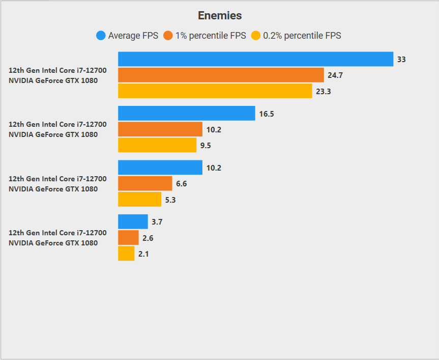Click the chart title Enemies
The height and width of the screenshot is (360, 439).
coord(220,16)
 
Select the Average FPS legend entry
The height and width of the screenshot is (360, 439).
coord(127,36)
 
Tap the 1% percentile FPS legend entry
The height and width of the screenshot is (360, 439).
coord(205,36)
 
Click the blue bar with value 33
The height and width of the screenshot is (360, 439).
coord(255,59)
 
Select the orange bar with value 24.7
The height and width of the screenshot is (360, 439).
coord(221,75)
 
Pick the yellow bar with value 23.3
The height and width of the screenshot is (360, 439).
coord(215,91)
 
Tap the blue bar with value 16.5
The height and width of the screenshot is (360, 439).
coord(186,114)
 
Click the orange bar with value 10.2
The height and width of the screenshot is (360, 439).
coord(160,129)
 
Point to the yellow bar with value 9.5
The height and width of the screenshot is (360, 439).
coord(157,145)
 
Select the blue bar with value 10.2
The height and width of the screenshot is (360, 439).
coord(160,168)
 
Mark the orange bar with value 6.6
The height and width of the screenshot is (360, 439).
coord(145,183)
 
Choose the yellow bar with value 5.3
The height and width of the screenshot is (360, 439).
coord(140,200)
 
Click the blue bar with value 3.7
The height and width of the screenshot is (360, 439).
coord(133,221)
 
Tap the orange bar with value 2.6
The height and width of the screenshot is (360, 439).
coord(128,238)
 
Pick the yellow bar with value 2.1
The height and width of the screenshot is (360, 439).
coord(126,254)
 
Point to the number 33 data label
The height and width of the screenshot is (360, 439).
coord(401,60)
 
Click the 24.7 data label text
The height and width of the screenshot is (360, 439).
coord(335,75)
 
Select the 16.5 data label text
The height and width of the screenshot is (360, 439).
coord(267,114)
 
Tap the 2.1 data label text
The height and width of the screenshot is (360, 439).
coord(143,254)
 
